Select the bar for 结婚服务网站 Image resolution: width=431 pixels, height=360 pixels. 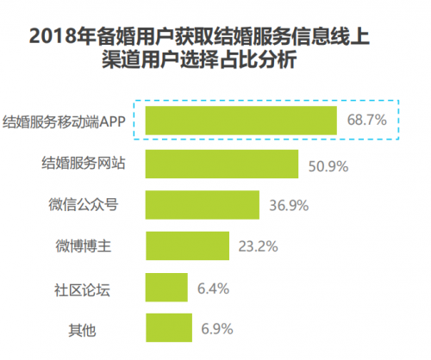(x=222, y=163)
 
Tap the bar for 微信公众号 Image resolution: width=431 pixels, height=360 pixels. (x=203, y=204)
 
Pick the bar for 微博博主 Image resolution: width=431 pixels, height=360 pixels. (x=188, y=245)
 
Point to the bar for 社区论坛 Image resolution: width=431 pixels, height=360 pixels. (x=166, y=287)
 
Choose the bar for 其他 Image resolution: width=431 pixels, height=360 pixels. (x=167, y=327)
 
